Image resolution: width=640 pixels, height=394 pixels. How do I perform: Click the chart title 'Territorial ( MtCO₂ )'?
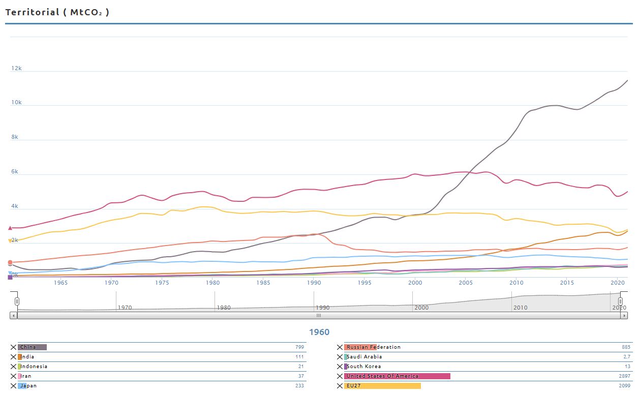coord(57,12)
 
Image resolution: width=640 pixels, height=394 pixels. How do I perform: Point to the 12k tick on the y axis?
coord(17,68)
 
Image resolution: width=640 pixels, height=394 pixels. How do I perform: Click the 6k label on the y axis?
coord(15,172)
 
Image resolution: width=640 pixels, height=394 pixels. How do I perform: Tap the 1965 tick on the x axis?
coord(60,283)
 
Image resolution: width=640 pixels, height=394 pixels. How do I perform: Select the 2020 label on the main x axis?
coord(617,283)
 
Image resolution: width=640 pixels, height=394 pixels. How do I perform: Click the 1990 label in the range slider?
coord(323,308)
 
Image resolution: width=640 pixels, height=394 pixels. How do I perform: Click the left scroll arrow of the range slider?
coord(14,316)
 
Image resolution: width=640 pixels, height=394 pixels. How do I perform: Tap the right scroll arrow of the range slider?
coord(624,316)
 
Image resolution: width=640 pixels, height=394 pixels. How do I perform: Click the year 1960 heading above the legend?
coord(319,332)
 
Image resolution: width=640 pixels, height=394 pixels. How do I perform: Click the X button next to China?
coord(14,347)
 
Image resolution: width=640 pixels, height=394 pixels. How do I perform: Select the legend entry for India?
coord(27,357)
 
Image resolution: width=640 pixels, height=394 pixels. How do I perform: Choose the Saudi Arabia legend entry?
coord(364,357)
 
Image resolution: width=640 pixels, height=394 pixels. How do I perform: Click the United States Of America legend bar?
coord(397,376)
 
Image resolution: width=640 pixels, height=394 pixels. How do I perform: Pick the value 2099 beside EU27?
coord(625,386)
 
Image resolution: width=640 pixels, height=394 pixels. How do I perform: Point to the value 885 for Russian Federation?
coord(626,347)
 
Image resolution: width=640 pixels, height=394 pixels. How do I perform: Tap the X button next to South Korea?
coord(340,367)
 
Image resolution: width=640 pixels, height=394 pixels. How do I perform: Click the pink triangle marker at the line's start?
coord(10,228)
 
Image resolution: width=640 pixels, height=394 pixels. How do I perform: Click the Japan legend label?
coord(28,386)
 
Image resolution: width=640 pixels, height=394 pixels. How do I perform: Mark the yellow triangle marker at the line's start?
coord(10,241)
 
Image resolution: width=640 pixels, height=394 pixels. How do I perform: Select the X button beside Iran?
coord(14,376)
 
